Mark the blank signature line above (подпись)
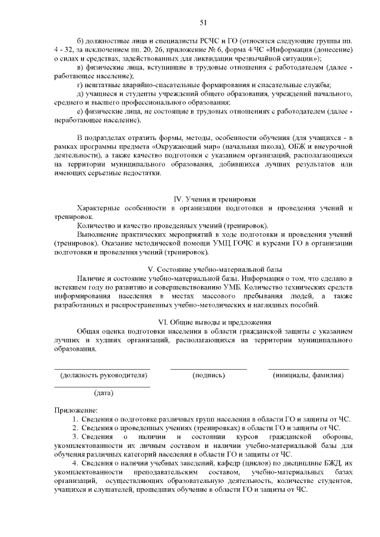point(208,369)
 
